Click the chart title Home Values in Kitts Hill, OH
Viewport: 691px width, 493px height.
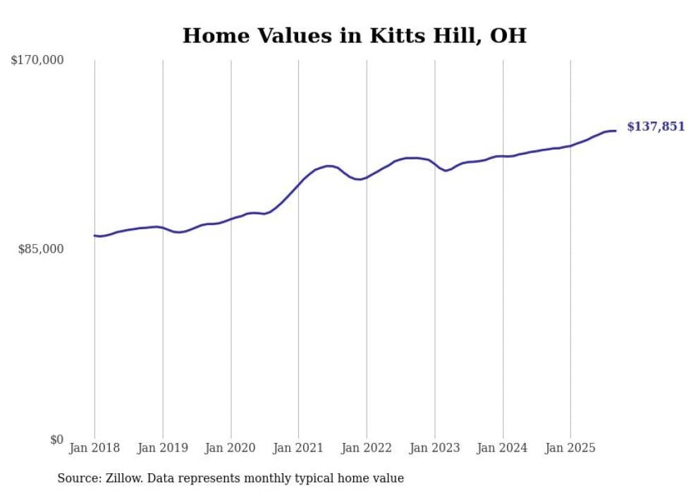pyautogui.click(x=354, y=35)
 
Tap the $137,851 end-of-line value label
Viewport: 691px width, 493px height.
pyautogui.click(x=656, y=127)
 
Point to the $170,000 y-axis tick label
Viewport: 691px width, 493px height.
pyautogui.click(x=37, y=61)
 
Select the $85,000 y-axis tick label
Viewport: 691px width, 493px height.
pyautogui.click(x=40, y=249)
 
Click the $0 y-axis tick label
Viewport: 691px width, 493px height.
pyautogui.click(x=56, y=439)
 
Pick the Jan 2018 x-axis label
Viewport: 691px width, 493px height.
pyautogui.click(x=94, y=448)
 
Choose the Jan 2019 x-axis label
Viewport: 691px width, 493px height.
pyautogui.click(x=163, y=448)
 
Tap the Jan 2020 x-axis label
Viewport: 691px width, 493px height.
pyautogui.click(x=231, y=448)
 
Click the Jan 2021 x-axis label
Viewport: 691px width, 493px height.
pyautogui.click(x=299, y=448)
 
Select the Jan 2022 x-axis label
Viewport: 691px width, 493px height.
pyautogui.click(x=367, y=448)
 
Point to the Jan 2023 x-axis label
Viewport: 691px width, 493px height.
pyautogui.click(x=435, y=448)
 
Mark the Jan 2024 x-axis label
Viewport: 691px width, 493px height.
pyautogui.click(x=503, y=448)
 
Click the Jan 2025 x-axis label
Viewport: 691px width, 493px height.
pyautogui.click(x=570, y=448)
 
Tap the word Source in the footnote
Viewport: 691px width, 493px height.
pyautogui.click(x=77, y=478)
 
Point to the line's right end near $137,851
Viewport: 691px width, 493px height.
pyautogui.click(x=616, y=130)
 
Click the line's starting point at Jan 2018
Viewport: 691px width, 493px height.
pyautogui.click(x=94, y=236)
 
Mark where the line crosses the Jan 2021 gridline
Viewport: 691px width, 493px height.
pyautogui.click(x=299, y=183)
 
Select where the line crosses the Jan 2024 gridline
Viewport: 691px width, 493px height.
pyautogui.click(x=503, y=156)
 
